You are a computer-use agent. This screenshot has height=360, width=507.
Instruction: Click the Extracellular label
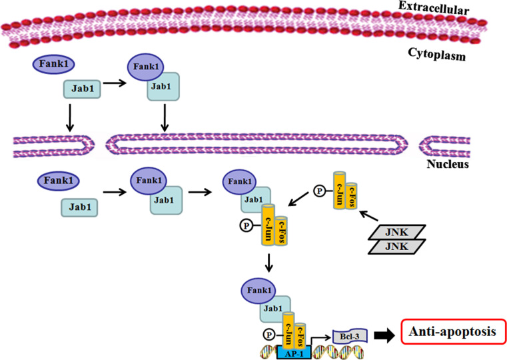pyautogui.click(x=434, y=8)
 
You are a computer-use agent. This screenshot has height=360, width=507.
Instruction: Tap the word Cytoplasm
pyautogui.click(x=437, y=54)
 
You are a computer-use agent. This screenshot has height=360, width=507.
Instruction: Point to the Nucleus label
pyautogui.click(x=448, y=164)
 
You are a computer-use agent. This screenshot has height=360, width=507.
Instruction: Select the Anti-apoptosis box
pyautogui.click(x=454, y=331)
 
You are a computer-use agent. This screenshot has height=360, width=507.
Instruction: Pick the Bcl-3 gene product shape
pyautogui.click(x=350, y=337)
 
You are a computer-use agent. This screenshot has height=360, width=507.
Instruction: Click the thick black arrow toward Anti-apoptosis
pyautogui.click(x=384, y=336)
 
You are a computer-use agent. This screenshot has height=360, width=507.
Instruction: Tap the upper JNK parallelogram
pyautogui.click(x=397, y=232)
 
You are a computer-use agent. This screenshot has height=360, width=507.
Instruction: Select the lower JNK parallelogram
pyautogui.click(x=397, y=247)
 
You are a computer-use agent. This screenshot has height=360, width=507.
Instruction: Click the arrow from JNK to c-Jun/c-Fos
pyautogui.click(x=369, y=216)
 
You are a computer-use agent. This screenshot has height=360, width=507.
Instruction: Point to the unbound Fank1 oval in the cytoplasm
pyautogui.click(x=54, y=64)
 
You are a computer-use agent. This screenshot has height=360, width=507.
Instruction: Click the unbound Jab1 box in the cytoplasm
pyautogui.click(x=82, y=89)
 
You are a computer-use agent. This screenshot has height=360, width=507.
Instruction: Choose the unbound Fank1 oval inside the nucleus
pyautogui.click(x=58, y=181)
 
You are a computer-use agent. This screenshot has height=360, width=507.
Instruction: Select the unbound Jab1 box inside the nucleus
pyautogui.click(x=79, y=207)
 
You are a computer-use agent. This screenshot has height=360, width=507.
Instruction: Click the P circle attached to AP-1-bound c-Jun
pyautogui.click(x=269, y=335)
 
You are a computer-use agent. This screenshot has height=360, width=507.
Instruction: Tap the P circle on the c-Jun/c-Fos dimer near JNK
pyautogui.click(x=320, y=191)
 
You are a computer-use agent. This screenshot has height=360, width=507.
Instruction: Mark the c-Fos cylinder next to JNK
pyautogui.click(x=351, y=195)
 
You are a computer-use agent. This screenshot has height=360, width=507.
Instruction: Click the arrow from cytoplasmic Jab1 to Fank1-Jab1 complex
pyautogui.click(x=115, y=83)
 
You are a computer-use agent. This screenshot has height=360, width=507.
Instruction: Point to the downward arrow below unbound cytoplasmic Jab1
pyautogui.click(x=70, y=118)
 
